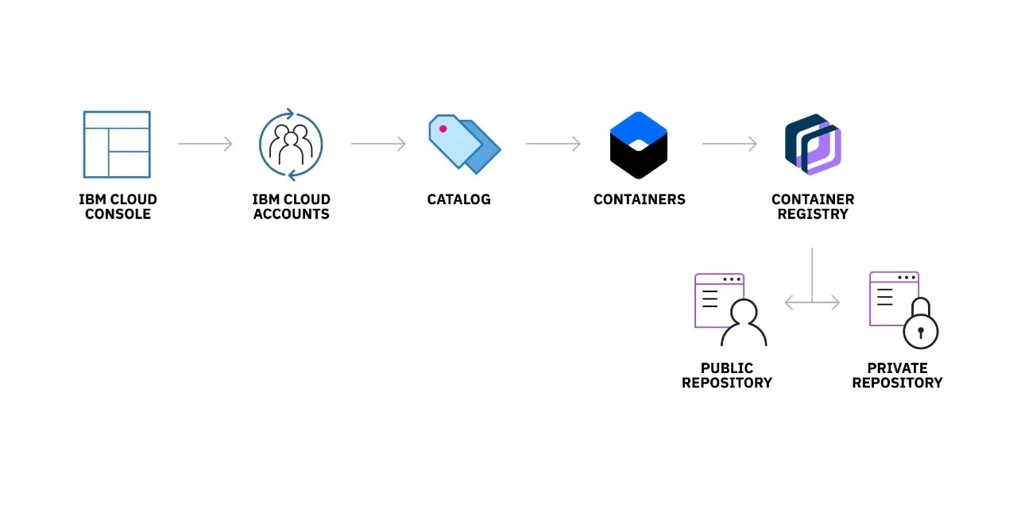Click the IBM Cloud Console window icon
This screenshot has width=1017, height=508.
[x=117, y=144]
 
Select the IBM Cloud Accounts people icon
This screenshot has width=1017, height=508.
[x=291, y=144]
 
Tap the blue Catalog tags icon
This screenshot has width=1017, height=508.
[x=464, y=144]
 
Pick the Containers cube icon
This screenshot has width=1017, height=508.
[x=639, y=144]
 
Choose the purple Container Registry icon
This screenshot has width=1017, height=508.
[x=813, y=144]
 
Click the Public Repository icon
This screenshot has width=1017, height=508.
[x=729, y=310]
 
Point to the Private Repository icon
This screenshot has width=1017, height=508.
[x=903, y=310]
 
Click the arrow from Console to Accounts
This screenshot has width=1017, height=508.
[x=205, y=144]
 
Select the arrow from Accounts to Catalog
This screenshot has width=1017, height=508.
[x=378, y=144]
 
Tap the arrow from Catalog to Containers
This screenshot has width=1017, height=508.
[x=553, y=144]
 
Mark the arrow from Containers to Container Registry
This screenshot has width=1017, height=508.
[x=729, y=144]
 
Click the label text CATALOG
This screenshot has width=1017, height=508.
[x=459, y=199]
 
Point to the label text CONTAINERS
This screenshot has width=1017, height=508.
[x=640, y=199]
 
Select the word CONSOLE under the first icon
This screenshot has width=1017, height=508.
[x=118, y=214]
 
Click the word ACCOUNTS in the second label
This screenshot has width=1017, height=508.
[x=292, y=214]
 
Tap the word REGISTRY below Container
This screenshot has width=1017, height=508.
[x=813, y=214]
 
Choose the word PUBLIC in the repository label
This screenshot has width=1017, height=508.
[x=727, y=368]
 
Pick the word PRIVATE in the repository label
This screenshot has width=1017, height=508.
[x=898, y=368]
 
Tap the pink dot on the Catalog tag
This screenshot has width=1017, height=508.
[x=443, y=129]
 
